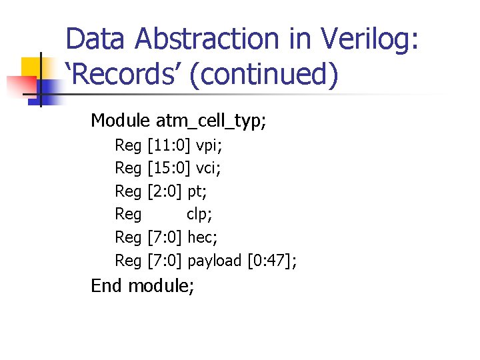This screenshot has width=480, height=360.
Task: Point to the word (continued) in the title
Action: pyautogui.click(x=264, y=75)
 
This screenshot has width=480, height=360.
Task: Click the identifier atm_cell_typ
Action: pyautogui.click(x=211, y=121)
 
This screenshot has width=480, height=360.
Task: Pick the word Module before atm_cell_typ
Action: pyautogui.click(x=120, y=121)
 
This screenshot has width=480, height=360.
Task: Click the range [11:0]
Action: pyautogui.click(x=169, y=145)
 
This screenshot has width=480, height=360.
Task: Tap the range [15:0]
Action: pyautogui.click(x=169, y=168)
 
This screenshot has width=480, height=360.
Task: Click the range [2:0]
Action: pyautogui.click(x=164, y=191)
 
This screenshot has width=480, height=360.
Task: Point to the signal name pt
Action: pyautogui.click(x=197, y=191)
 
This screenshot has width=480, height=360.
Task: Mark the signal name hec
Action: pyautogui.click(x=203, y=237)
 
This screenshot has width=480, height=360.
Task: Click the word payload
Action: pyautogui.click(x=215, y=261)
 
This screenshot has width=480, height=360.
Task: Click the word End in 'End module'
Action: pyautogui.click(x=107, y=286)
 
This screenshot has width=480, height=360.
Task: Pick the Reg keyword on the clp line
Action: pyautogui.click(x=128, y=214)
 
